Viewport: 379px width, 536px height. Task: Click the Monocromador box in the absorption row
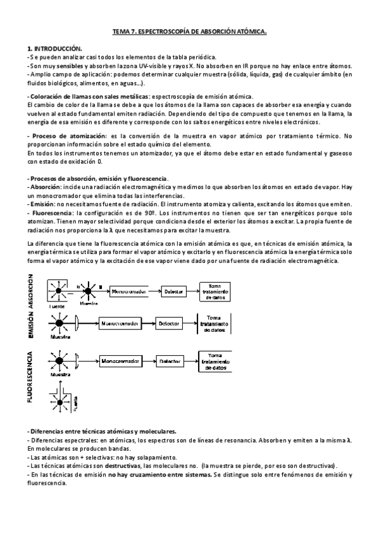coord(131,293)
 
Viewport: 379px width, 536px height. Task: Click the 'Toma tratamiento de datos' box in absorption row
coord(218,292)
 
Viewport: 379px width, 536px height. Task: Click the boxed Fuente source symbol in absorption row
coord(61,291)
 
